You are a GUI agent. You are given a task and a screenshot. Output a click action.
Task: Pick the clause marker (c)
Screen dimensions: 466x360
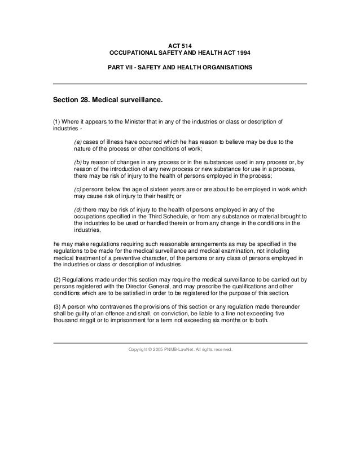point(78,190)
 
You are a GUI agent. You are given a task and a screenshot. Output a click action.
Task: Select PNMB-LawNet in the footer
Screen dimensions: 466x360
point(184,350)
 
